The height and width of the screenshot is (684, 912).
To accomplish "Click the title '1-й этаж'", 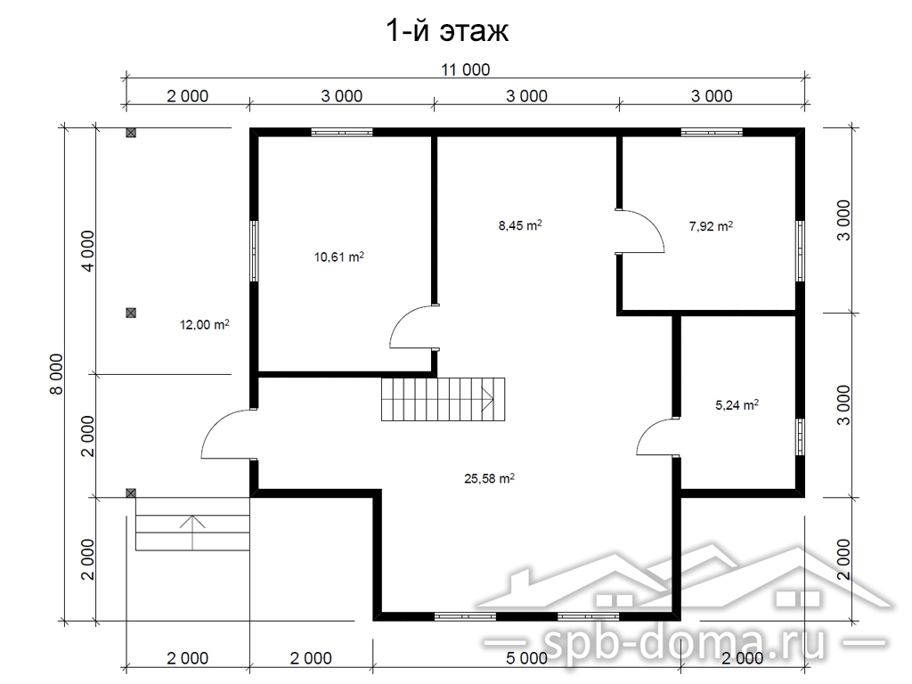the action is click(447, 30).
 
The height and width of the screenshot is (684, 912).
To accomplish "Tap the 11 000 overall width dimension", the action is click(465, 69).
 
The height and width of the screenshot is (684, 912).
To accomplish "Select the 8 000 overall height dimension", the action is click(56, 374).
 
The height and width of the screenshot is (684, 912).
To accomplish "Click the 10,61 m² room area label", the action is click(339, 256).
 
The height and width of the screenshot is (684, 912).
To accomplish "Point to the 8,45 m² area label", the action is click(520, 224).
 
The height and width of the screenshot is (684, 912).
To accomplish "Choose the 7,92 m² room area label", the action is click(711, 225).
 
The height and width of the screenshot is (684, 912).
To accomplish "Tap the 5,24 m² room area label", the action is click(737, 404).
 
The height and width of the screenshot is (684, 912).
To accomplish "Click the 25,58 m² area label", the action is click(489, 478).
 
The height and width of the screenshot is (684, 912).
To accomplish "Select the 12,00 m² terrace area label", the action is click(204, 324).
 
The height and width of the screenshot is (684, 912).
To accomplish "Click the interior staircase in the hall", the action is click(444, 399).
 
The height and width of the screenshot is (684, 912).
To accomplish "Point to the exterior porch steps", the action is click(192, 533).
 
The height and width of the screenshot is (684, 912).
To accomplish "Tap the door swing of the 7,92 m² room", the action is click(641, 231).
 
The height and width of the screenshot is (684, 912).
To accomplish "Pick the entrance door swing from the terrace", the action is click(228, 434).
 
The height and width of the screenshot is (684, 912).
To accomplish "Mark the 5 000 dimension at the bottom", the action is click(526, 658).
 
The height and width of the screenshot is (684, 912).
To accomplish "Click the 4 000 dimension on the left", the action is click(88, 250).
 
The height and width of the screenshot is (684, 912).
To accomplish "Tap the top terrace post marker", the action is click(131, 133).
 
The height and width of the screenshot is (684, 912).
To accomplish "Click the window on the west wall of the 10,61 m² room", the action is click(254, 250).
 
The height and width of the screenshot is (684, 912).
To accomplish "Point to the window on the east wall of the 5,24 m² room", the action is click(801, 436).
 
